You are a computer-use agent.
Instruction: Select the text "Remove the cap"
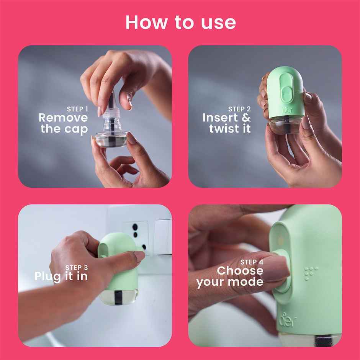tap(64, 123)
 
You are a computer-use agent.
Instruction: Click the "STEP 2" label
tap(239, 109)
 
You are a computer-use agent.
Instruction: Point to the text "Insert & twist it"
tap(227, 123)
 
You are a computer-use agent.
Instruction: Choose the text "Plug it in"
tap(61, 276)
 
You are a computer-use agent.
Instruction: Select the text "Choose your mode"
tap(230, 277)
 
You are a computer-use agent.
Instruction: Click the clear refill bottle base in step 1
tap(111, 139)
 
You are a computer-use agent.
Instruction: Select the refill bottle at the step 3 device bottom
tap(118, 297)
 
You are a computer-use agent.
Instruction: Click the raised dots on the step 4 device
tap(311, 272)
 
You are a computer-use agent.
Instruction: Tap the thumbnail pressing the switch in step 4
tap(275, 268)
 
